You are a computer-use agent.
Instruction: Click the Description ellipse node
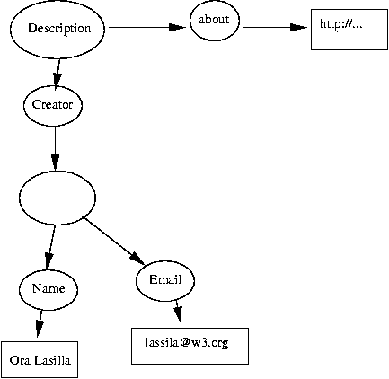pos(58,28)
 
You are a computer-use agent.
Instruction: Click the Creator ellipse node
pos(53,105)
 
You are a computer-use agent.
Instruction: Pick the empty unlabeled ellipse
pos(57,198)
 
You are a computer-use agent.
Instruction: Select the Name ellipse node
pos(47,288)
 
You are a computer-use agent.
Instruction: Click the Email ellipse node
pos(164,279)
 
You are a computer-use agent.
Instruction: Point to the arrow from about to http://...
pos(274,28)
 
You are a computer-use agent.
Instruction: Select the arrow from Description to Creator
pos(57,71)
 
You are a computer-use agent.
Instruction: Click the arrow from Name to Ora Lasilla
pos(40,322)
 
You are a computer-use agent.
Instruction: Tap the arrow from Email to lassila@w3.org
pos(177,312)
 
